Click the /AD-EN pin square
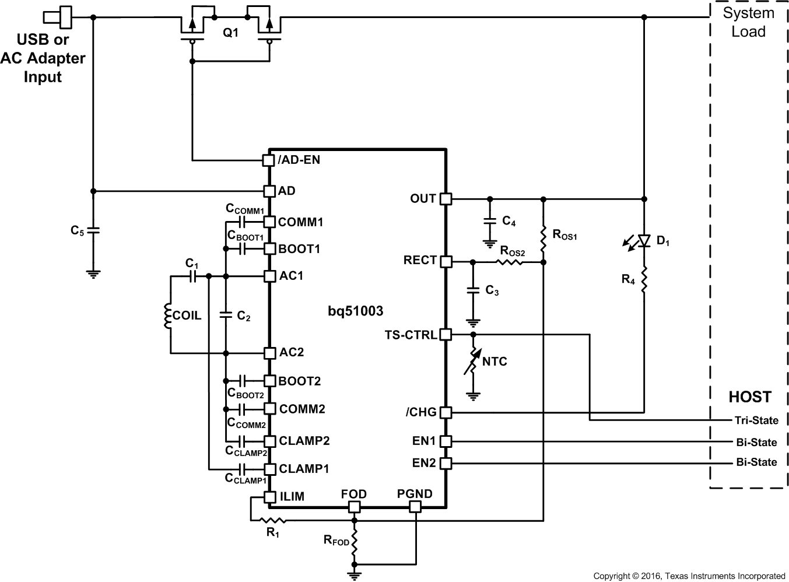coord(269,160)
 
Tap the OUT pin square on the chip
coord(446,199)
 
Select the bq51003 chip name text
coord(355,311)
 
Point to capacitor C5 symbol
coord(93,231)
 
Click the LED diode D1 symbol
coord(644,241)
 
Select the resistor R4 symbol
coord(644,280)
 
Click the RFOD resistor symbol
coord(354,542)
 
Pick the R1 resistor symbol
coord(272,520)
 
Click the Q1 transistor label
coord(231,33)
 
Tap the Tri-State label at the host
coord(756,420)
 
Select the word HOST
coord(749,397)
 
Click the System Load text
coord(748,22)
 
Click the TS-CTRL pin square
coord(446,335)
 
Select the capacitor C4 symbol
coord(489,221)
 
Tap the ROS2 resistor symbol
coord(509,262)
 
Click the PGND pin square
coord(415,506)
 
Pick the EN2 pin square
coord(446,464)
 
